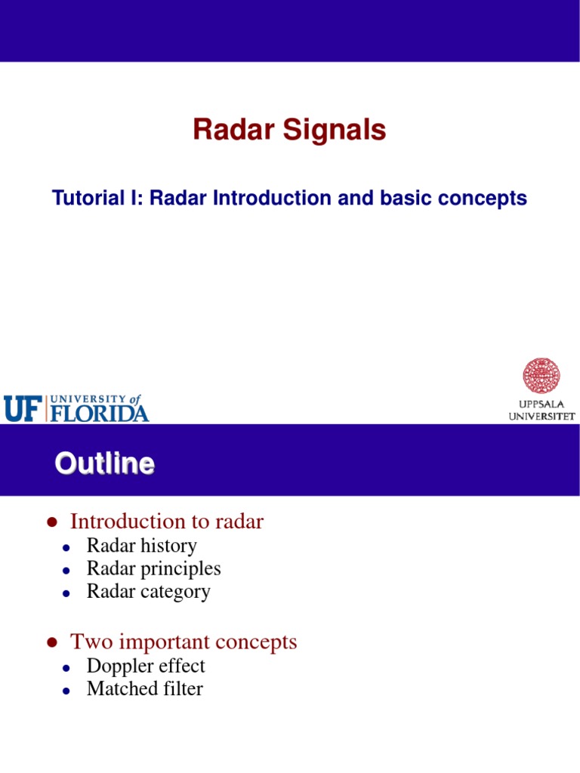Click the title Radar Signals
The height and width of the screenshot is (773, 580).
click(289, 131)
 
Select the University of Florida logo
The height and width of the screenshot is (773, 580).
click(76, 408)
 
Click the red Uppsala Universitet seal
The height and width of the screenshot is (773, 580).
click(541, 376)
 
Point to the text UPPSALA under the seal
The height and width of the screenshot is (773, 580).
click(541, 404)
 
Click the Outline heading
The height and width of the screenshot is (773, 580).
click(104, 463)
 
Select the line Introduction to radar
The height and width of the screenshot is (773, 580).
click(167, 522)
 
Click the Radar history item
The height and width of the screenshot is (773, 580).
click(141, 546)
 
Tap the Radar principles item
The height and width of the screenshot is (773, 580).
click(153, 568)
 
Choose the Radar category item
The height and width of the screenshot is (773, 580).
click(148, 591)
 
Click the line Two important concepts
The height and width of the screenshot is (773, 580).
click(184, 642)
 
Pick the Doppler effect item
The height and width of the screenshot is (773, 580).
click(146, 667)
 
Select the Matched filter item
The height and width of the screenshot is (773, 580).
click(144, 689)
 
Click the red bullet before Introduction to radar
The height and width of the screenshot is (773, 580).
click(51, 522)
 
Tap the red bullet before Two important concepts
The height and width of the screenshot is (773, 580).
click(51, 643)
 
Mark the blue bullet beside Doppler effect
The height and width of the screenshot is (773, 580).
click(66, 668)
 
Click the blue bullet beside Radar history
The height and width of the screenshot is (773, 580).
click(66, 547)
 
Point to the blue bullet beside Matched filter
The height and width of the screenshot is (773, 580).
click(66, 691)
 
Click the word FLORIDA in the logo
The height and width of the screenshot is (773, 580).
click(99, 413)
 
